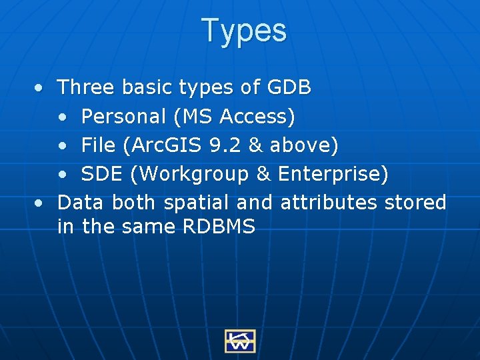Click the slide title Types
pos(244,31)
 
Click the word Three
pos(85,87)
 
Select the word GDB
pos(289,87)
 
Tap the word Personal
pos(123,117)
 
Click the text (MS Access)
pos(233,117)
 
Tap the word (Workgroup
pos(190,175)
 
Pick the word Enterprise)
pos(333,174)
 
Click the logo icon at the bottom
pos(240,341)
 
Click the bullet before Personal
pos(61,117)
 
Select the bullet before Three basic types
pos(41,88)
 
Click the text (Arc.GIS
pos(167,145)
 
